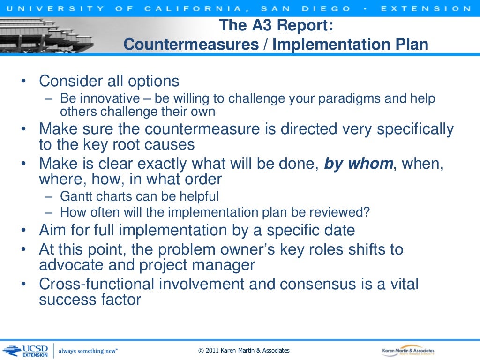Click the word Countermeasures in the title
(191, 44)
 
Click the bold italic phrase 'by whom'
(359, 164)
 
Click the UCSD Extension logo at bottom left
(25, 350)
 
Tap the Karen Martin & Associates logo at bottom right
(408, 351)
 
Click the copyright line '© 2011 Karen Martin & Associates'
(244, 350)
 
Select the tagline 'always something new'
(88, 351)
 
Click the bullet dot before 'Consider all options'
(23, 82)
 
